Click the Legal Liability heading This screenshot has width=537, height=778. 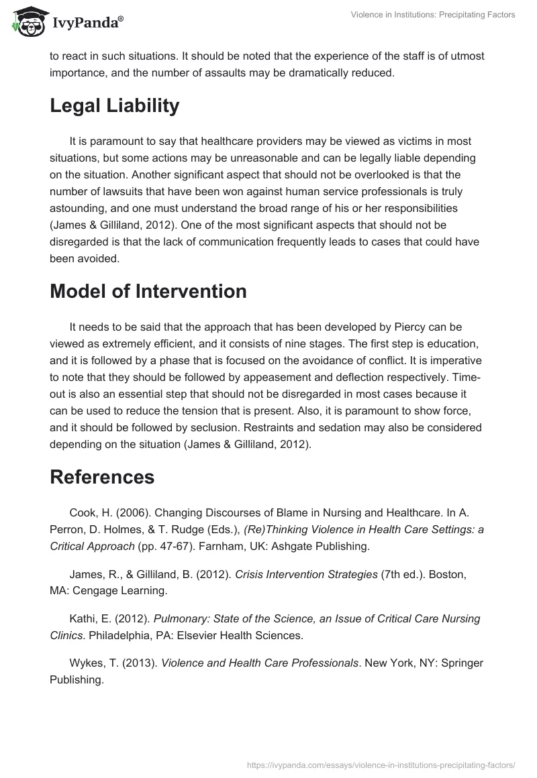coord(114,106)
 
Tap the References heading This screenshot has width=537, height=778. coord(102,477)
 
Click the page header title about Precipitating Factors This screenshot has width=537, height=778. coord(433,15)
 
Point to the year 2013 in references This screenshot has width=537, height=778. coord(140,663)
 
